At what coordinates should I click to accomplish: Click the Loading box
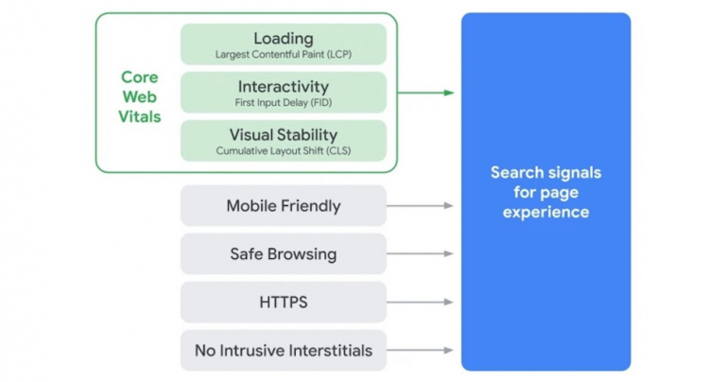click(283, 43)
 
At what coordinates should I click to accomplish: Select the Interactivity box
click(283, 92)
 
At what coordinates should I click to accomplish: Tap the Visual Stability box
click(283, 140)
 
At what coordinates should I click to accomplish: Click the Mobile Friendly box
click(283, 205)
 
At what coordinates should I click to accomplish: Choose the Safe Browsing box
click(283, 253)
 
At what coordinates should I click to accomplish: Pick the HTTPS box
click(283, 303)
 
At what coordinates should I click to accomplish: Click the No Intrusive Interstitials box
click(283, 351)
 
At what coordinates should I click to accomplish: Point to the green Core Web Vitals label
click(141, 96)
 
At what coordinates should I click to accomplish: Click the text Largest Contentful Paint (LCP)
click(284, 54)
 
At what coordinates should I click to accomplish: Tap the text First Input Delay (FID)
click(284, 101)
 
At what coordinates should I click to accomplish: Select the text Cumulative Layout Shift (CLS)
click(284, 150)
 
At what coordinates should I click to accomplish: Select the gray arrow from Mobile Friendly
click(422, 205)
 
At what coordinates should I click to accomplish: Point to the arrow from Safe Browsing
click(422, 253)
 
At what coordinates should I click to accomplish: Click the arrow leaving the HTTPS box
click(422, 303)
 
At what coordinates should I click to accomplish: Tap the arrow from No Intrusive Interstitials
click(422, 351)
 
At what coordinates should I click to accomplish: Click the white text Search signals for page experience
click(545, 192)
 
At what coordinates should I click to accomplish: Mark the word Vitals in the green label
click(141, 117)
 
